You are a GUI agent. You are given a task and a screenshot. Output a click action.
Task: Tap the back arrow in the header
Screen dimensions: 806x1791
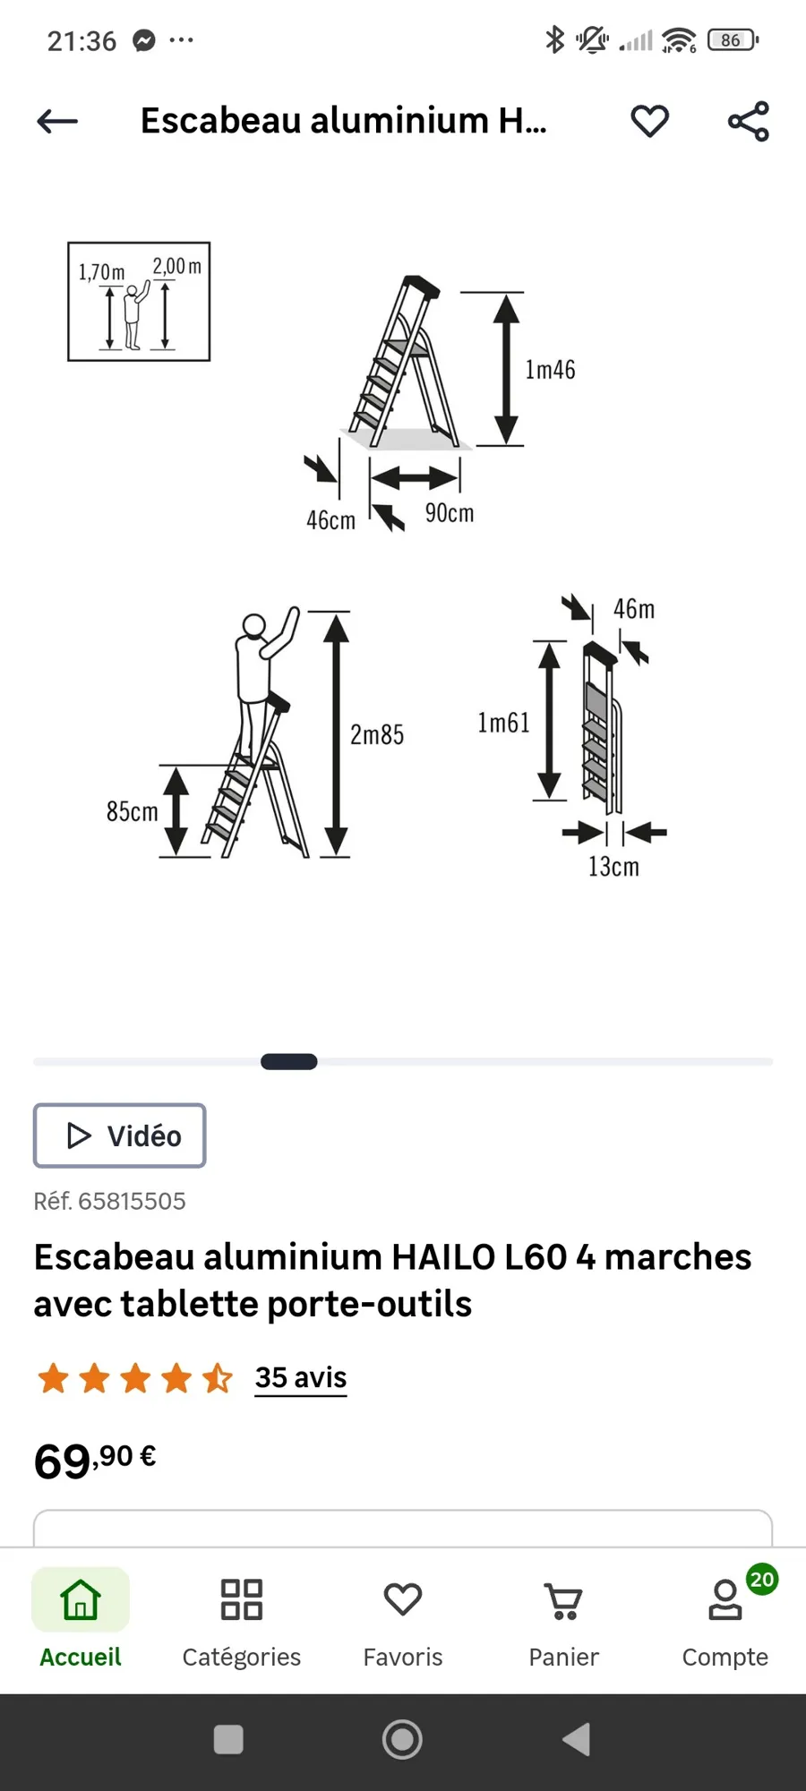tap(57, 121)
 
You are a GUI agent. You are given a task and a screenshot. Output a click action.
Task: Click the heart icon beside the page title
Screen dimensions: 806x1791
tap(650, 121)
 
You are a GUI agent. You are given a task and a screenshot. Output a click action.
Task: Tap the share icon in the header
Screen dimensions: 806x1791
tap(749, 121)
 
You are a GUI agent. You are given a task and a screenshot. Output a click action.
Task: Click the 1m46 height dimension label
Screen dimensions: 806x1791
tap(550, 370)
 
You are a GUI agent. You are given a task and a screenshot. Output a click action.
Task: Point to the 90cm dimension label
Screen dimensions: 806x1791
tap(450, 513)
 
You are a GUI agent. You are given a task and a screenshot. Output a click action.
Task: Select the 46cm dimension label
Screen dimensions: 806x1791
tap(330, 520)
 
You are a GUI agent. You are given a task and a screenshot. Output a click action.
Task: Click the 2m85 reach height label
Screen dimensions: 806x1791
tap(377, 735)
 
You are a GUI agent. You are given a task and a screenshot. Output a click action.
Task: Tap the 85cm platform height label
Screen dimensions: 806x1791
tap(132, 812)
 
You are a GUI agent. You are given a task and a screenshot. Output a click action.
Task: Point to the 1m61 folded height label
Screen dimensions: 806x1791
tap(503, 723)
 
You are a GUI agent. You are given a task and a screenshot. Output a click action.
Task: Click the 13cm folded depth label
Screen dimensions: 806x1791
tap(613, 867)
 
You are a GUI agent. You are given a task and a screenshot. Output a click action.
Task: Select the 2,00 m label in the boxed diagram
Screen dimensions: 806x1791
tap(176, 266)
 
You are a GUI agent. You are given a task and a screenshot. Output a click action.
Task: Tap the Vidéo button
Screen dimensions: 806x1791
tap(120, 1135)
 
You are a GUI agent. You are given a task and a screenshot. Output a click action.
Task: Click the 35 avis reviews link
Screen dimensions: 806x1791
tap(301, 1377)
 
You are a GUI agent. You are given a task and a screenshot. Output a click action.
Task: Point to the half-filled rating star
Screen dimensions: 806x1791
tap(218, 1378)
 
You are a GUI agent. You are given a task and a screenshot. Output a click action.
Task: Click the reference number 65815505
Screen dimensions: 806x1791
tap(132, 1201)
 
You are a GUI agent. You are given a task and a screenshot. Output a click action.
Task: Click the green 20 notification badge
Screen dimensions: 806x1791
tap(762, 1579)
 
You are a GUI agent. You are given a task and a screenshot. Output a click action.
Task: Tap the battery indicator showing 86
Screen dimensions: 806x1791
tap(733, 40)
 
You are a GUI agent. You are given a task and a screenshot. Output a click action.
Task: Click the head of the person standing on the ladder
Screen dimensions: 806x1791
tap(254, 624)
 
